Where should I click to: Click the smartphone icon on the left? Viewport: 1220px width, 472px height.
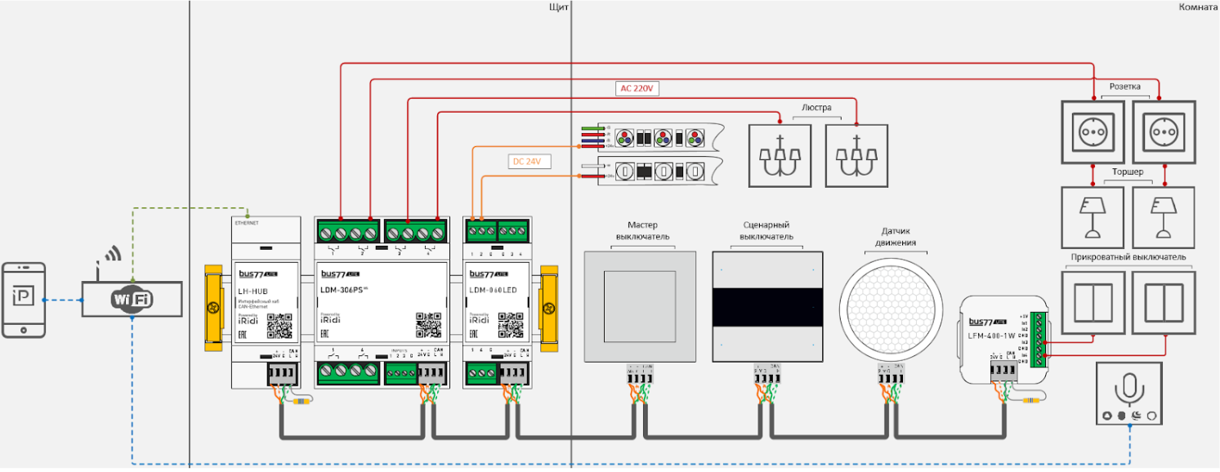point(23,300)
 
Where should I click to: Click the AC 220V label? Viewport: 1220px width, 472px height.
point(637,88)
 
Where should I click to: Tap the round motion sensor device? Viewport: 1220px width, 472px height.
point(892,306)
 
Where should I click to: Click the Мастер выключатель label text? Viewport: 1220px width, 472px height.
point(642,231)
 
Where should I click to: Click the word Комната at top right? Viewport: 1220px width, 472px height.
point(1198,7)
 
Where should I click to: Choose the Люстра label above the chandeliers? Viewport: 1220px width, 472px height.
point(816,108)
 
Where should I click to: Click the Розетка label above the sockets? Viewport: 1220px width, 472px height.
point(1125,86)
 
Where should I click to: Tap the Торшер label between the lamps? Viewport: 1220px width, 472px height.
point(1127,172)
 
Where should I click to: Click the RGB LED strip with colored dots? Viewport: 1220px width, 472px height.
point(659,137)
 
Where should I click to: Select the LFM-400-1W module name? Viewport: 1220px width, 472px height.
point(990,335)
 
